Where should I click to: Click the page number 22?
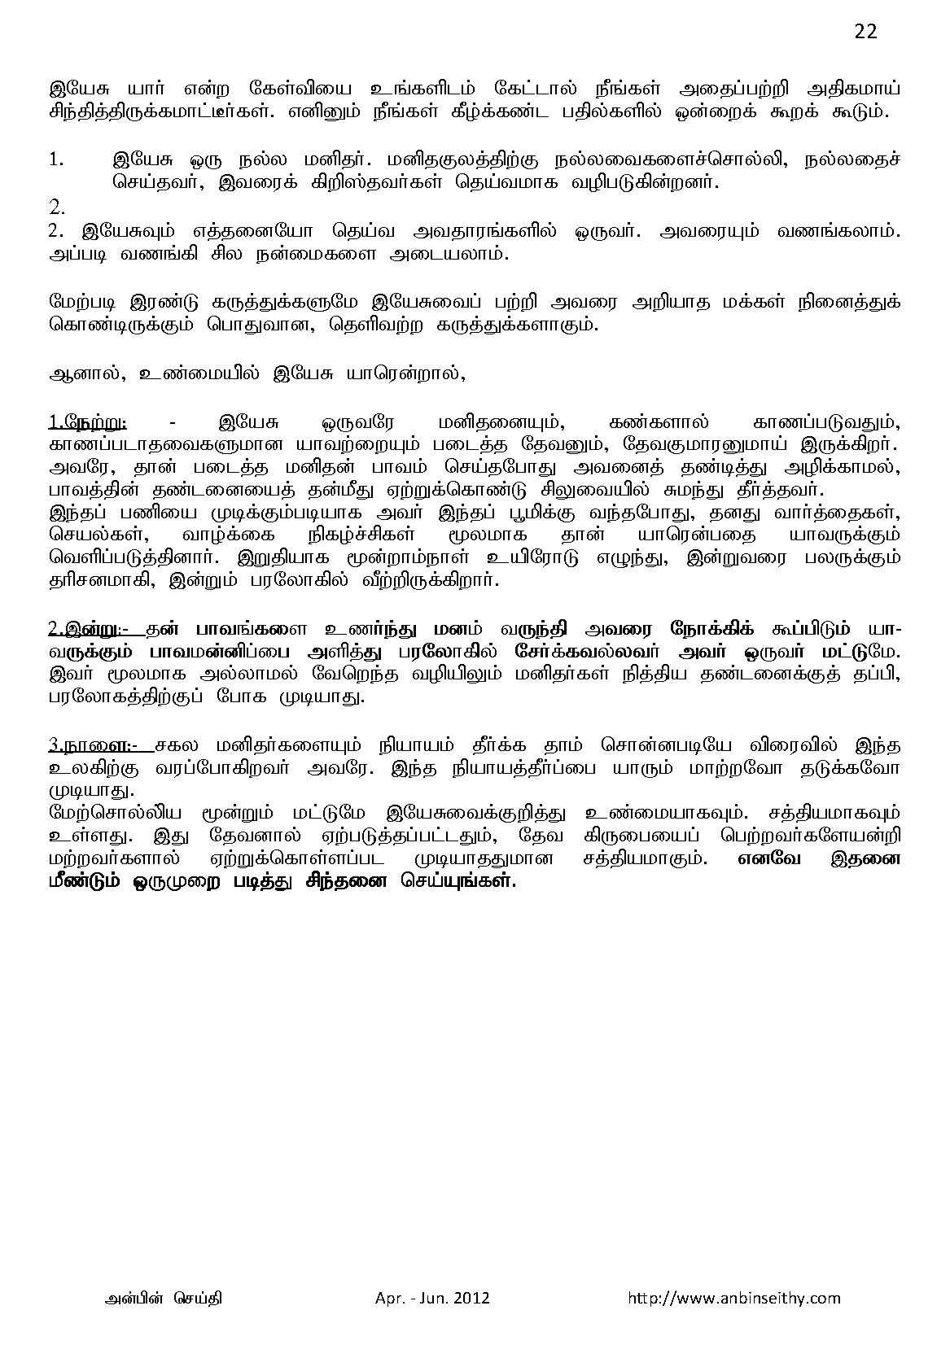coord(866,32)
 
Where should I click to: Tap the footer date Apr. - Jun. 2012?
coord(427,1298)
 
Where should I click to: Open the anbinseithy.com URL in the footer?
coord(734,1298)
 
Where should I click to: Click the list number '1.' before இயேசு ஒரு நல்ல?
coord(56,159)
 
